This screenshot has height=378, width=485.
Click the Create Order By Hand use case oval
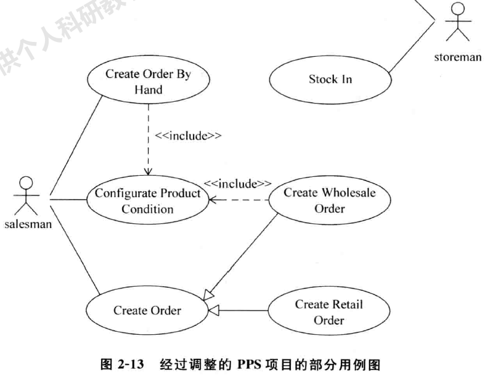point(148,81)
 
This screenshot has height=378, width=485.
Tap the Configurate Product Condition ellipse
point(147,200)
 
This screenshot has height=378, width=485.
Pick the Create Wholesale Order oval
point(330,200)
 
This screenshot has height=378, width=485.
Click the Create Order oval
point(147,310)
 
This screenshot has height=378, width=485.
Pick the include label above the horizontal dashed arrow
point(238,184)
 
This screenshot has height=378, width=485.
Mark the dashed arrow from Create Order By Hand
point(148,139)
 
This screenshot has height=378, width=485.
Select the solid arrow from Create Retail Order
point(243,310)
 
